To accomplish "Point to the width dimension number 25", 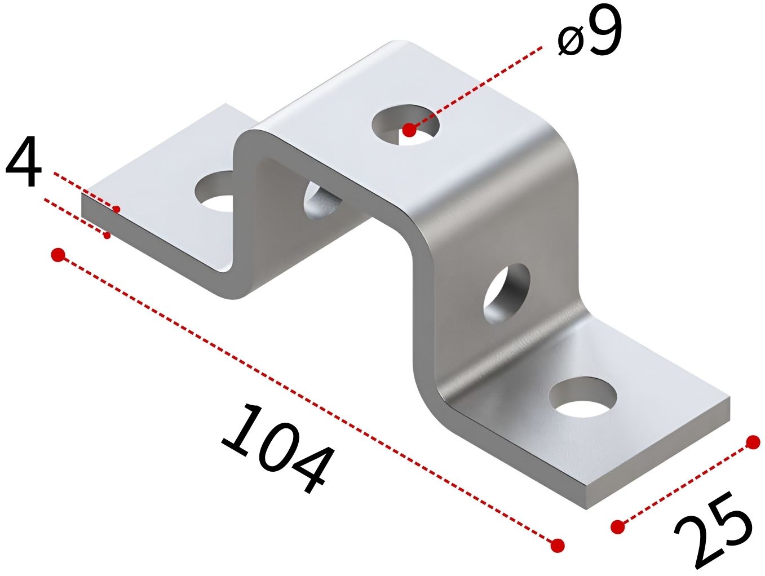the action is tap(713, 532).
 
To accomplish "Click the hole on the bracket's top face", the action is tap(405, 123).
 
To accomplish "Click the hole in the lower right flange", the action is tap(583, 397).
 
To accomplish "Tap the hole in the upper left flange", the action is tap(214, 191).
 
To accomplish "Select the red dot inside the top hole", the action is tap(409, 130).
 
